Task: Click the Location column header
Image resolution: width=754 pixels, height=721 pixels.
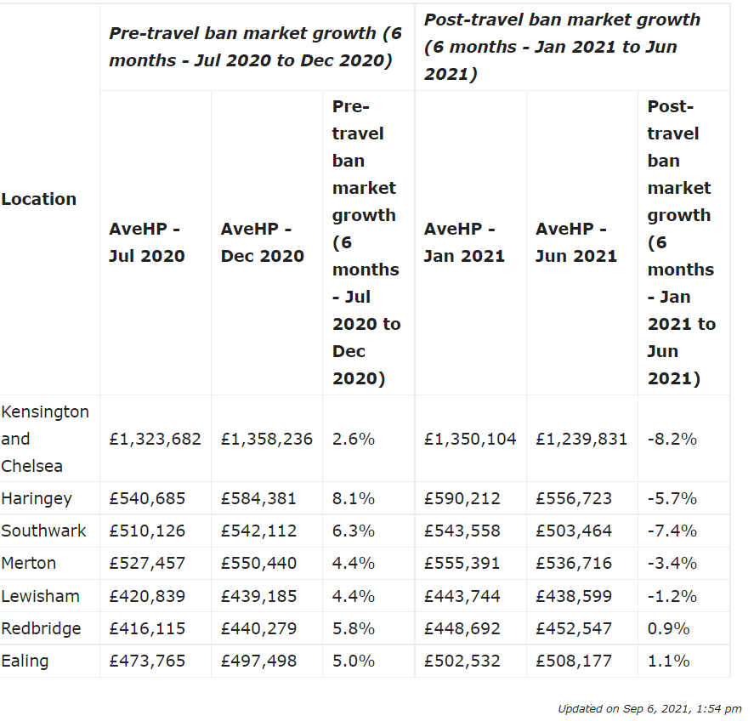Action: click(x=39, y=199)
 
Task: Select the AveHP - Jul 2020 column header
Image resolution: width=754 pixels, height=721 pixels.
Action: click(x=147, y=242)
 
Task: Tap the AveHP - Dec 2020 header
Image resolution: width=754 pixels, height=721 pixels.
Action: click(x=262, y=242)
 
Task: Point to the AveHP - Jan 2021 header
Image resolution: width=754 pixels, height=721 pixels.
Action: click(x=464, y=242)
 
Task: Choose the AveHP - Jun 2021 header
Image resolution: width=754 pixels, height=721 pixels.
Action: click(x=576, y=242)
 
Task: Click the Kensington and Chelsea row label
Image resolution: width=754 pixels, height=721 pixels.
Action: click(x=45, y=439)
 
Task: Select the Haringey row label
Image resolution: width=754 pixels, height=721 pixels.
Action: click(x=37, y=499)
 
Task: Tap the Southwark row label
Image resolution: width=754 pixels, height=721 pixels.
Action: click(x=43, y=531)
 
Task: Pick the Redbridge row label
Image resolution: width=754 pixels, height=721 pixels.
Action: click(x=41, y=628)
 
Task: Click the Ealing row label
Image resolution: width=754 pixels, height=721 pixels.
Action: click(x=25, y=661)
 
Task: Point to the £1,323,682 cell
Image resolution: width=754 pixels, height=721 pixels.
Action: click(x=155, y=439)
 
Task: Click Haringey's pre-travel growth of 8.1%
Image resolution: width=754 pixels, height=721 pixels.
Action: click(x=354, y=498)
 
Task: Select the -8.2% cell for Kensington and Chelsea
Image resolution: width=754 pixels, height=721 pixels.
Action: click(x=672, y=439)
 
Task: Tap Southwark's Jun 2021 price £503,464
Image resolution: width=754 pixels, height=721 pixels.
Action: click(x=574, y=531)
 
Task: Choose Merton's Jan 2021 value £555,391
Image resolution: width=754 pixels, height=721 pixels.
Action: click(x=462, y=563)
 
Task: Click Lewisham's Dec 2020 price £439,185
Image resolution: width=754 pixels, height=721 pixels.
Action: click(x=258, y=596)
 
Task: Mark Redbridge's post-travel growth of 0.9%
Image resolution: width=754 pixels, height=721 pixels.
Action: click(x=668, y=628)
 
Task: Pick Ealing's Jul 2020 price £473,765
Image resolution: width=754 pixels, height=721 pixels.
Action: click(x=147, y=661)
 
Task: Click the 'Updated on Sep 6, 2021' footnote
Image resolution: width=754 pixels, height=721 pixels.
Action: click(x=649, y=709)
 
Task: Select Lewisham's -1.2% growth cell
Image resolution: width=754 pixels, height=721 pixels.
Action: click(x=672, y=596)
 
